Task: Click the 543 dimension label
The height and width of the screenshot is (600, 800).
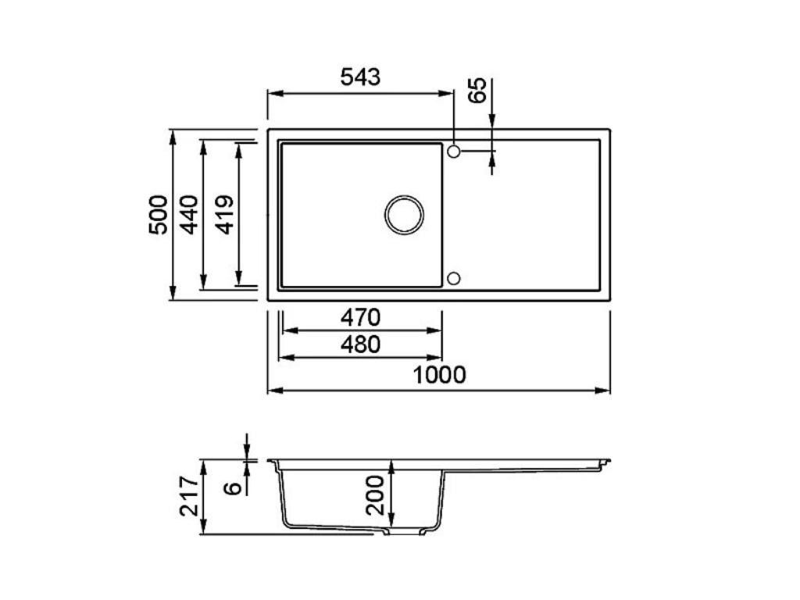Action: coord(360,77)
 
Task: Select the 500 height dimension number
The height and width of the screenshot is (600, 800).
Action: coord(158,215)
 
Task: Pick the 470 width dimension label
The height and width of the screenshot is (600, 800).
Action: coord(360,318)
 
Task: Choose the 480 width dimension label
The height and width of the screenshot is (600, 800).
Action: coord(360,345)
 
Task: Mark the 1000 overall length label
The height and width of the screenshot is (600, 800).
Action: coord(439,376)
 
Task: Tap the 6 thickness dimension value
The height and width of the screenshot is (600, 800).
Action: coord(232,488)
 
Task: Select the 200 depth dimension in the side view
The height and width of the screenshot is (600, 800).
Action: coord(376,495)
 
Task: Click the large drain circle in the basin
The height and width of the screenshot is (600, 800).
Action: coord(405,214)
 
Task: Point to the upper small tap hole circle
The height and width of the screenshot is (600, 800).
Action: coord(454,150)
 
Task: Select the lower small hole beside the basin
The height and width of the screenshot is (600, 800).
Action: coord(454,278)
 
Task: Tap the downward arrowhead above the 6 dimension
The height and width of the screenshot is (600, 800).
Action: coord(246,455)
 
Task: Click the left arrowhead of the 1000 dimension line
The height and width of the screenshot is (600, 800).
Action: coord(273,390)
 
